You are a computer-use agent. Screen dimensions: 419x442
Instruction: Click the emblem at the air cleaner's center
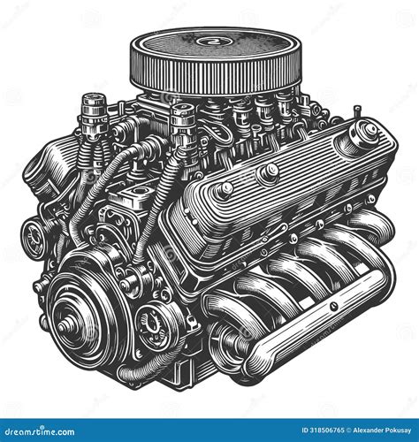point(209,41)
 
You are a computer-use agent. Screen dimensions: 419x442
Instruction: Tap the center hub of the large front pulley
point(64,327)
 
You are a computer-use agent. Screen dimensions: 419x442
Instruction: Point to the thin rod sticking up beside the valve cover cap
point(357,112)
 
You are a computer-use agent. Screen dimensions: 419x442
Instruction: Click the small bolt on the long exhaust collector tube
point(333,306)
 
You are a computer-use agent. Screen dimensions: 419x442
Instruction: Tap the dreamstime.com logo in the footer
point(37,431)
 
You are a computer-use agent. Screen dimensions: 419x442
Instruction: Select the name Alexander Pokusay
point(382,431)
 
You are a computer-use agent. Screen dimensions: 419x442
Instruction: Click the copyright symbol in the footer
point(348,431)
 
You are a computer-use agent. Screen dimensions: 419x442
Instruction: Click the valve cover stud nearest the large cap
point(268,172)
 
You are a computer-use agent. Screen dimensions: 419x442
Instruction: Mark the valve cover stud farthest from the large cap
point(225,190)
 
